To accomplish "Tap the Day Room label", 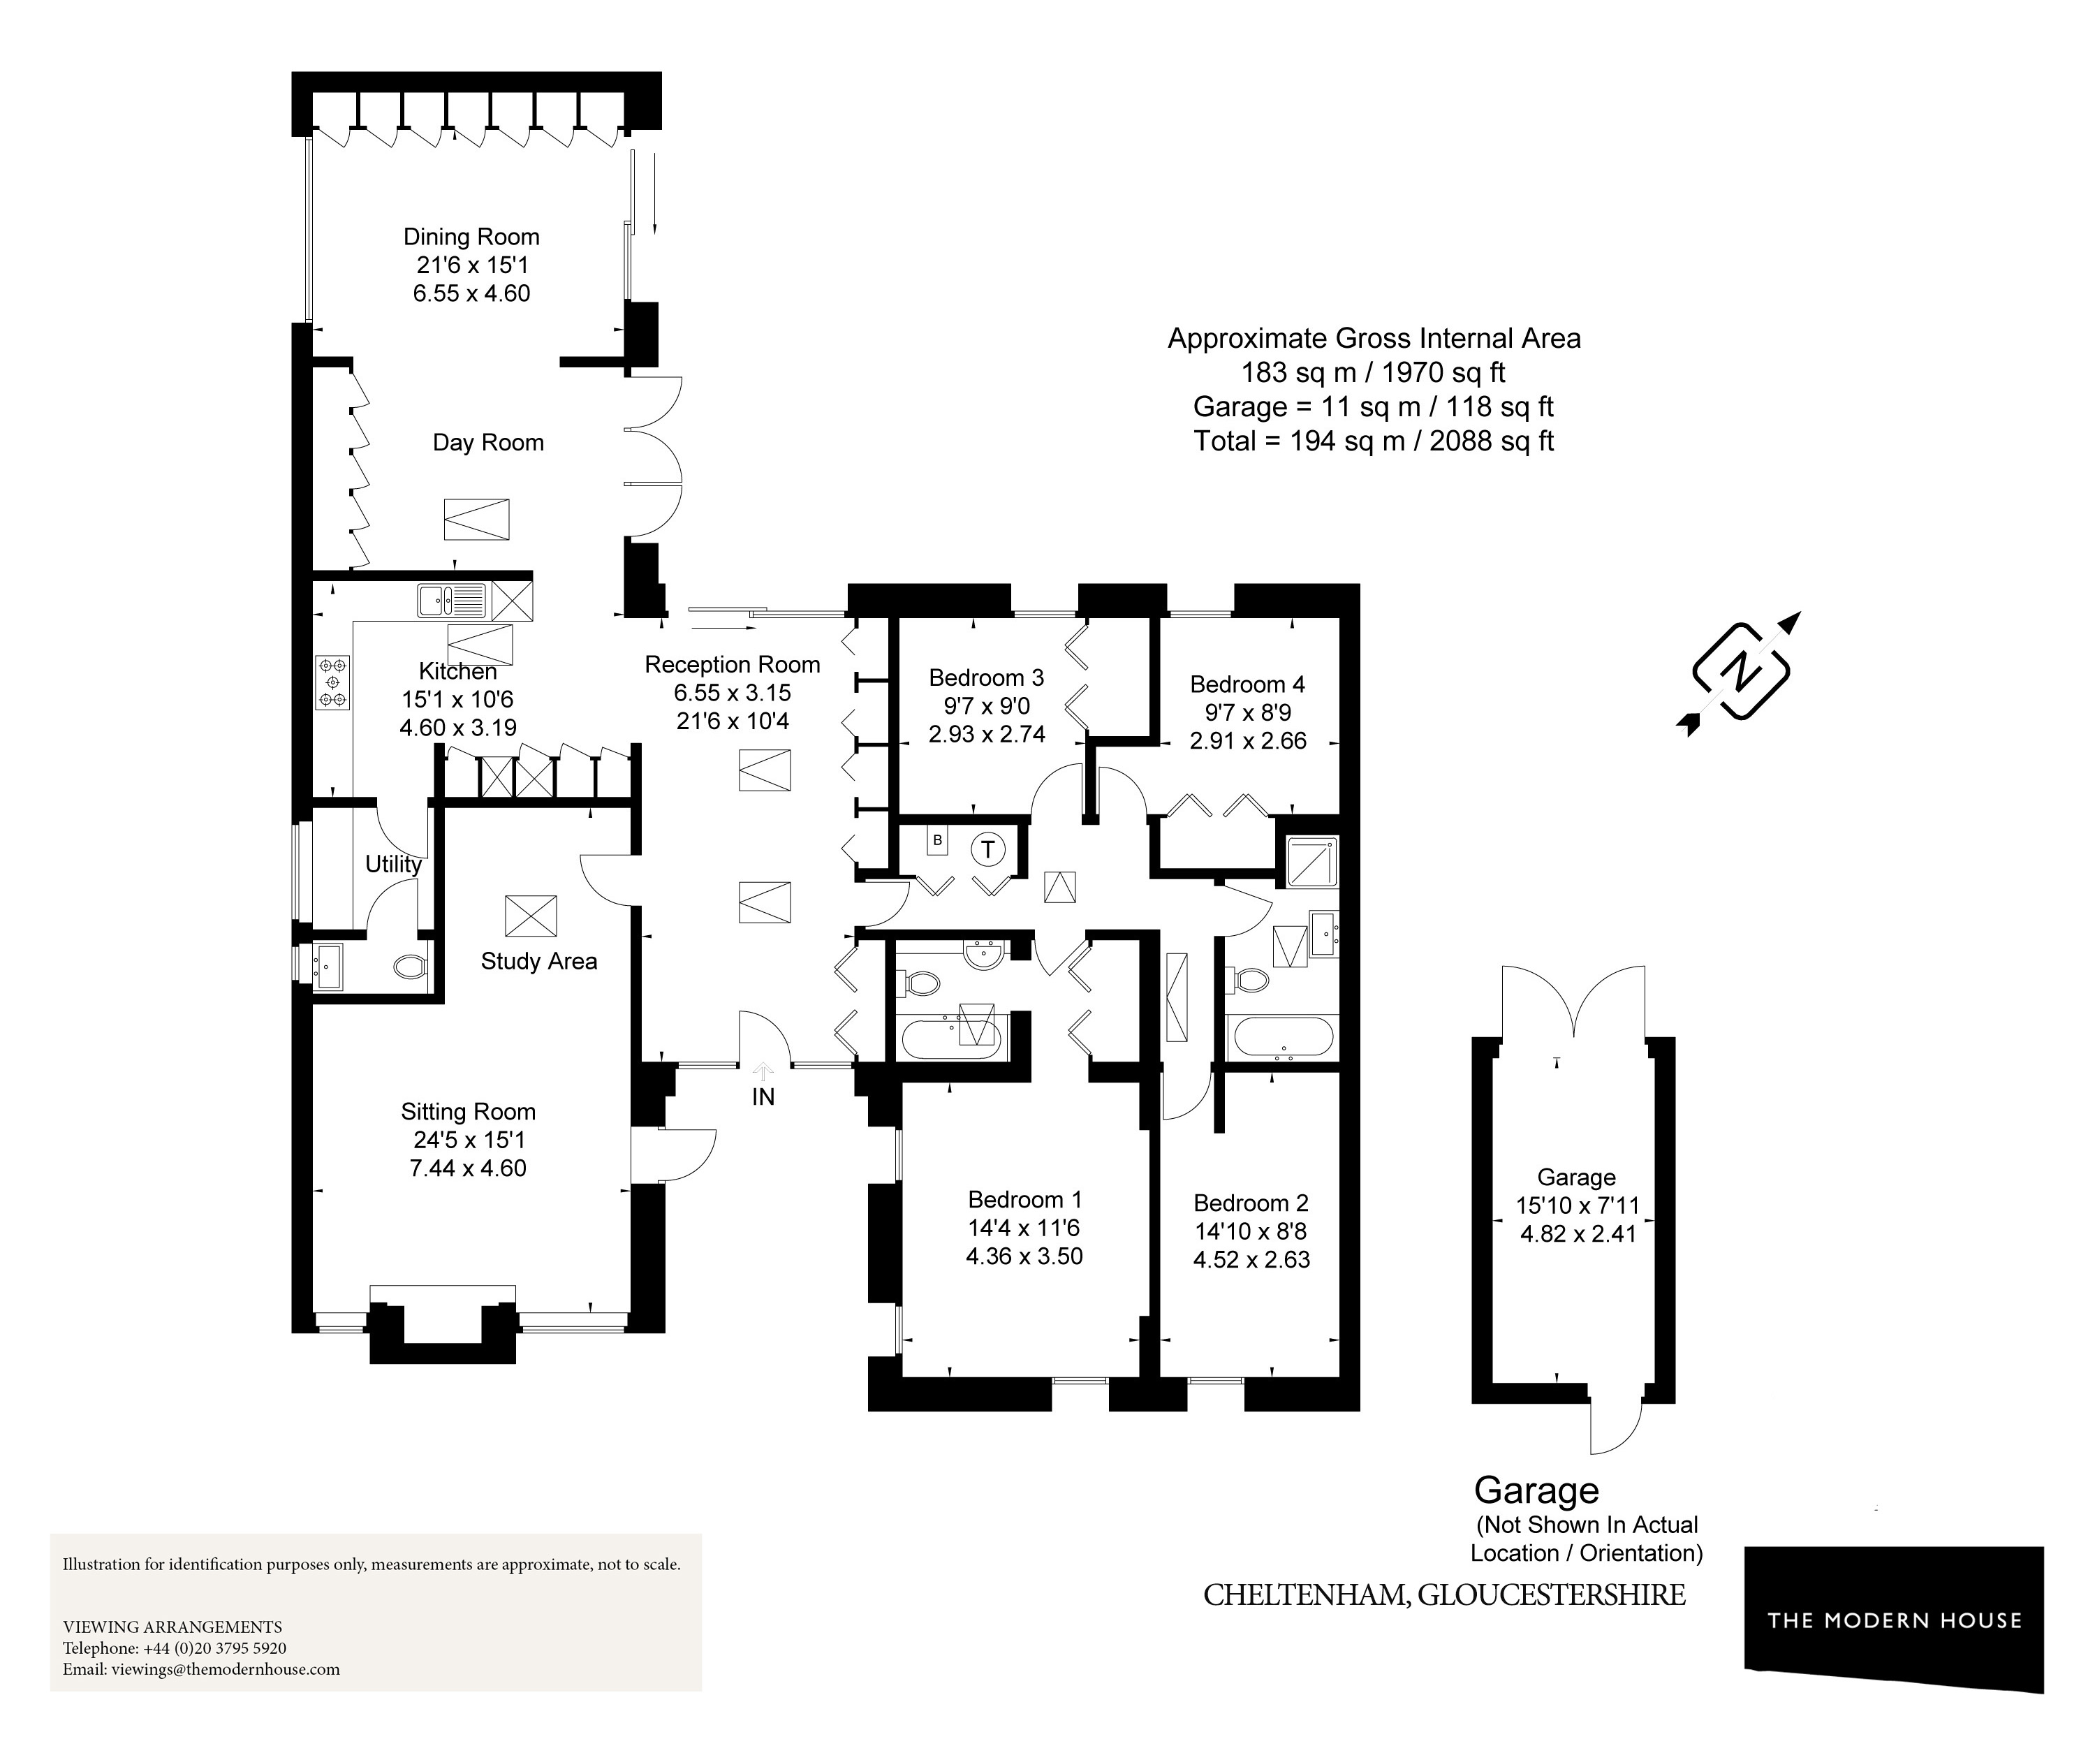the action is point(488,442).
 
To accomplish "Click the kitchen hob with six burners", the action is point(332,682).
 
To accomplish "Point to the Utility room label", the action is point(393,864).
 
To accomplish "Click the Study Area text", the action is point(538,961).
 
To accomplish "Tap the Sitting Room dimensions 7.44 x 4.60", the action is point(468,1168).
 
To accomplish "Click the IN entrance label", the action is point(763,1097).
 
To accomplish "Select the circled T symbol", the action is point(987,849).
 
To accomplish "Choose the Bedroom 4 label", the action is point(1247,684).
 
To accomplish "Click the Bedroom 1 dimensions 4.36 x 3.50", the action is point(1024,1256).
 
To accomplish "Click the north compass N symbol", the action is point(1742,671).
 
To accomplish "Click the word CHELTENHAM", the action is point(1305,1595).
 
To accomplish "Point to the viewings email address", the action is point(202,1669).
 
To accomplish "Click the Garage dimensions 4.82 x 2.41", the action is point(1578,1234).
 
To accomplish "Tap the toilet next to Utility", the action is point(410,967).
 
